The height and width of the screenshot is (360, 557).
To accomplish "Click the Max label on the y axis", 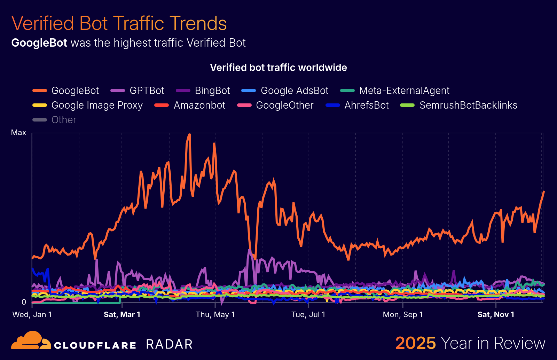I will [18, 133].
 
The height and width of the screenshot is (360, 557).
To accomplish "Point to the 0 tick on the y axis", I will [24, 302].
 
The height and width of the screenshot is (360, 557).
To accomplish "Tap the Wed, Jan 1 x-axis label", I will [32, 315].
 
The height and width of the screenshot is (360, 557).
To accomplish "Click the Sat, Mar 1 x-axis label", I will [122, 315].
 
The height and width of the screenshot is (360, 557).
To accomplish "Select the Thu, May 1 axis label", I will [215, 315].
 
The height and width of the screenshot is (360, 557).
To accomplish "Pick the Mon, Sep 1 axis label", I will [403, 315].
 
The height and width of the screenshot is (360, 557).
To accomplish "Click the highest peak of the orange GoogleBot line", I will [189, 134].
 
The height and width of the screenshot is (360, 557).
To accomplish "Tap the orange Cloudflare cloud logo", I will [31, 341].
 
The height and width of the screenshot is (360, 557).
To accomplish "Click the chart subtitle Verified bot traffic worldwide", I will [278, 68].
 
